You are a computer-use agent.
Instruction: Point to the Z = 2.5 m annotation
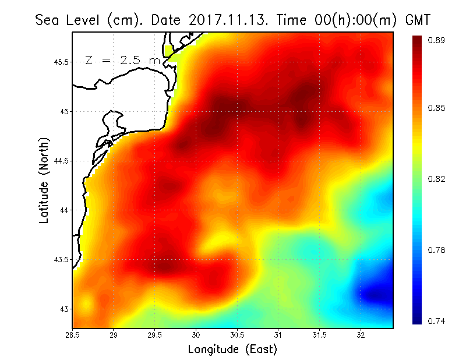coord(122,60)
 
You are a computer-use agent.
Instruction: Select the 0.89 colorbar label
coord(437,40)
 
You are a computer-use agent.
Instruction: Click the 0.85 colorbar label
coord(437,108)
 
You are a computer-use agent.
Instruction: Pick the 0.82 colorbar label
coord(437,179)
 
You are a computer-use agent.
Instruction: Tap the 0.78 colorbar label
coord(437,250)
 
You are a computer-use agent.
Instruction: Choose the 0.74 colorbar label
coord(437,321)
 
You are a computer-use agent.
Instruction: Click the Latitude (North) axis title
coord(44,180)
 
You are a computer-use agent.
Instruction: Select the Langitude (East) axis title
coord(232,350)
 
